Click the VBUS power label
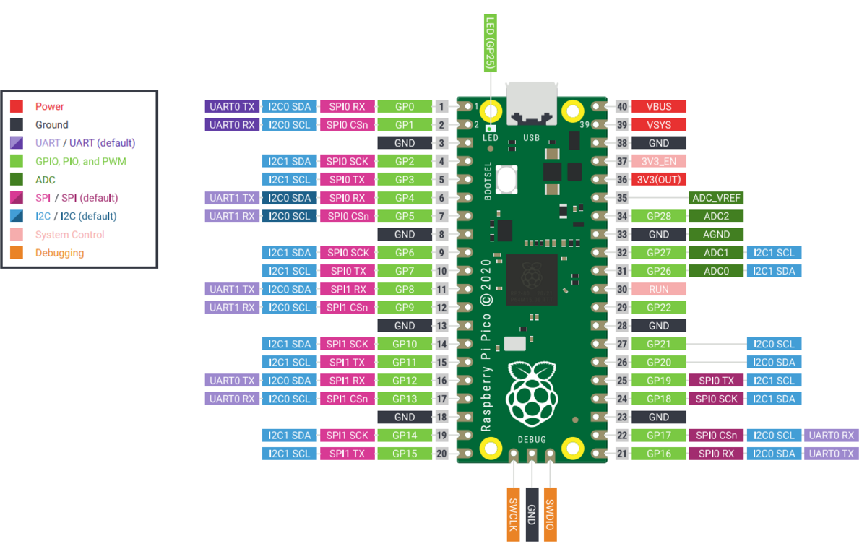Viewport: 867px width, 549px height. coord(659,106)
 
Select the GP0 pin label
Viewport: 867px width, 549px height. coord(405,106)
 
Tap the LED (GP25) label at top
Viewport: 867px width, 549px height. coord(491,43)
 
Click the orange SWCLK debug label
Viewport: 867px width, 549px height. coord(513,514)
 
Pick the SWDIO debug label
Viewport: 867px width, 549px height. coord(551,514)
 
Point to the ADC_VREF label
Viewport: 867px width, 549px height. coord(716,198)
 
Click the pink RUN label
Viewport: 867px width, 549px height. coord(659,290)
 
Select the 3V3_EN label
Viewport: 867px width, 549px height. coord(659,161)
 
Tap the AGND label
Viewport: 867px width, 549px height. coord(716,235)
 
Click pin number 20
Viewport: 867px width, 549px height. coord(441,454)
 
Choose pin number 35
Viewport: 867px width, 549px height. coord(622,198)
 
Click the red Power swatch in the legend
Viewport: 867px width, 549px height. coord(16,106)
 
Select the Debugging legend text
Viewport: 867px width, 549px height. coord(59,253)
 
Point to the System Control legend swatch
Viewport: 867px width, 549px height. coord(16,235)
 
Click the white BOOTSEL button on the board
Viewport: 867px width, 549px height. coord(506,180)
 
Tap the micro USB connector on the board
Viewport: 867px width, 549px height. coord(532,104)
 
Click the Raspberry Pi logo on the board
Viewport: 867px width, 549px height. coord(532,394)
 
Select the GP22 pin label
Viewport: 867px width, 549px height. coord(659,308)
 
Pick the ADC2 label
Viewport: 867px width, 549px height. coord(716,216)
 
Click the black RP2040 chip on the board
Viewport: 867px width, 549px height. coord(532,280)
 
